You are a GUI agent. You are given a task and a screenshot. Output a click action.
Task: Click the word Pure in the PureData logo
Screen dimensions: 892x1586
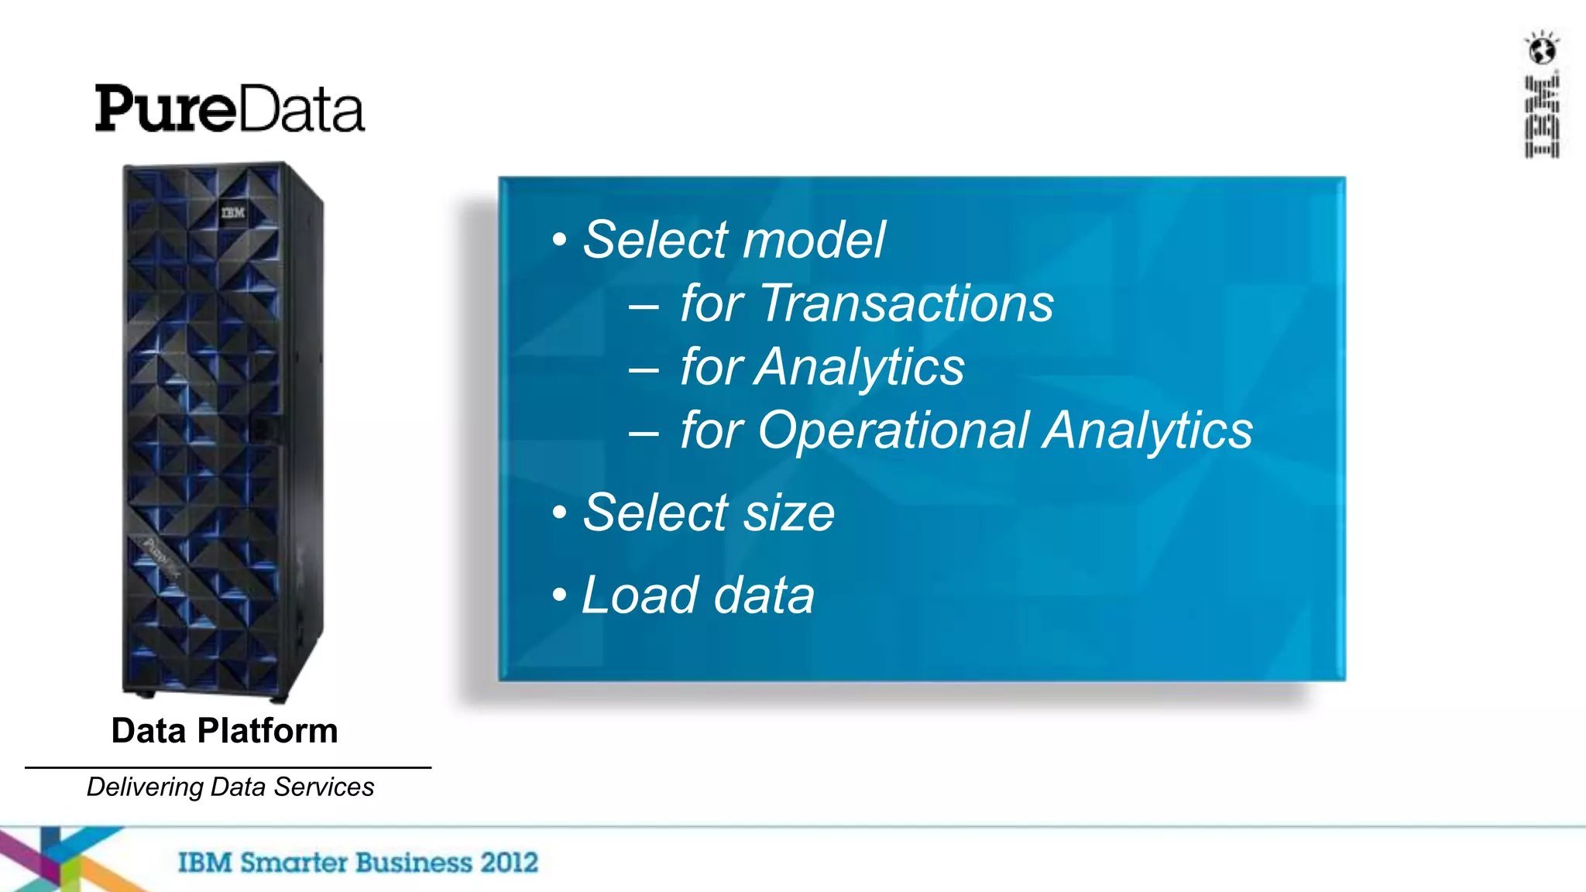coord(164,109)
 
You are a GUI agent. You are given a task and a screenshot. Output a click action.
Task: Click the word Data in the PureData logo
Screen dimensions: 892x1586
coord(300,109)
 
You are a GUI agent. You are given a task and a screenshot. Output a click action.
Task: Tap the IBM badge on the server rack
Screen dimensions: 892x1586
coord(232,212)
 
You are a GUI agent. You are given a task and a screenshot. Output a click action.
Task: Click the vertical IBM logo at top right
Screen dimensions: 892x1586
coord(1542,117)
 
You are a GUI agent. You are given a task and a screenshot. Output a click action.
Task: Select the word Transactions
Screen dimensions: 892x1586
coord(906,303)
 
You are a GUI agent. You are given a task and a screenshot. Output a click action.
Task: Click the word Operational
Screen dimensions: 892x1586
coord(893,431)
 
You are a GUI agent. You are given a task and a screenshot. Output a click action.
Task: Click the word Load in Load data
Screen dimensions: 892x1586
coord(640,595)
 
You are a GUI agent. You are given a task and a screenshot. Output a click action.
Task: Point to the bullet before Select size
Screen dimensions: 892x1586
coord(560,513)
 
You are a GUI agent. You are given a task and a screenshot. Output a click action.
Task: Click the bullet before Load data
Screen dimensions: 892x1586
coord(560,595)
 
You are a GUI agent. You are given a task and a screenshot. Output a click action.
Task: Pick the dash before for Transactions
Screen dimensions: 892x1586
coord(644,306)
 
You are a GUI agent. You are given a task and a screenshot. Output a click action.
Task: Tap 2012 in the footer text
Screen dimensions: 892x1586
coord(509,863)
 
